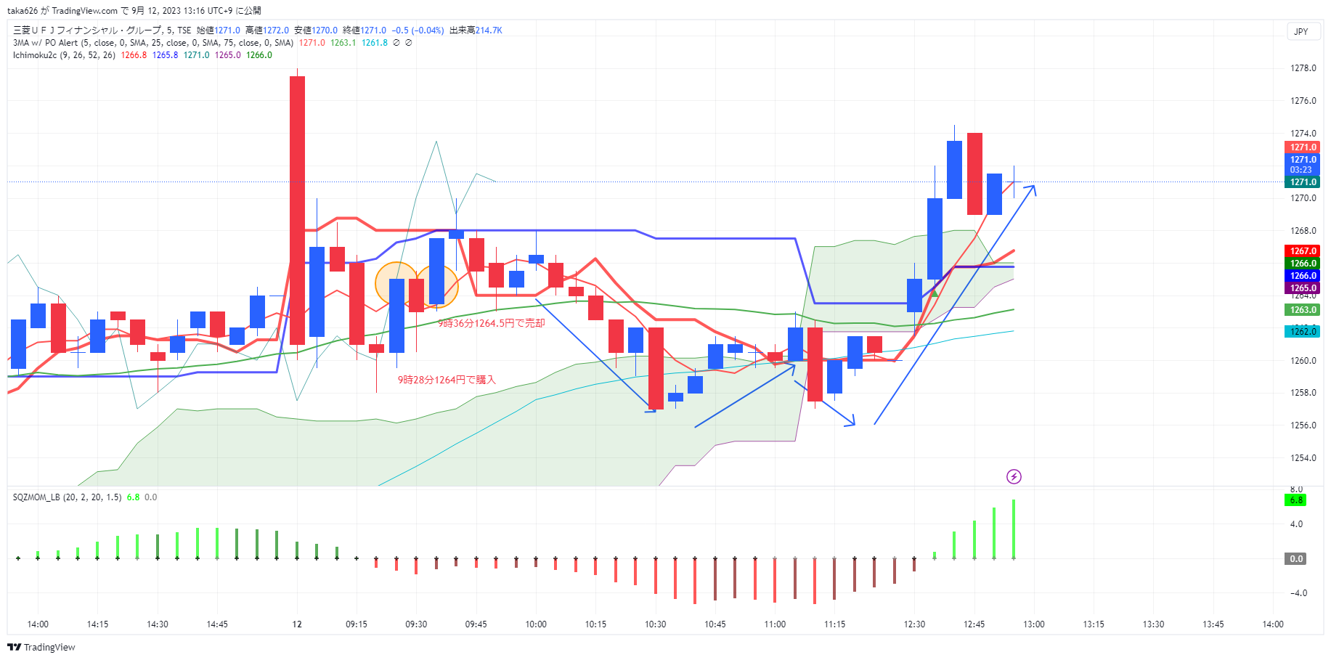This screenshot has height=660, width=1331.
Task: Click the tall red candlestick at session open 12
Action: pos(297,211)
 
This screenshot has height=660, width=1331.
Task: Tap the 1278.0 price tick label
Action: pos(1303,68)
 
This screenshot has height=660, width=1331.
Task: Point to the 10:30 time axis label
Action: pos(655,624)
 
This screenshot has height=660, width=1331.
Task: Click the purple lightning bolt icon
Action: pos(1014,476)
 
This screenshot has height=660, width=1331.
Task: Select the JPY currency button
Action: pos(1301,31)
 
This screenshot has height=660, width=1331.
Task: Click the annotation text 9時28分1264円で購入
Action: pos(446,380)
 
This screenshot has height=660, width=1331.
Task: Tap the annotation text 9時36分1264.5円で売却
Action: pos(491,323)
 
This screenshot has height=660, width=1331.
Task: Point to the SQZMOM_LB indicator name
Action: pos(37,497)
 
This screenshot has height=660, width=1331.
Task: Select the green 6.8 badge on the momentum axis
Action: pos(1296,500)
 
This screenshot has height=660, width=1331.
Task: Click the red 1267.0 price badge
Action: pos(1303,251)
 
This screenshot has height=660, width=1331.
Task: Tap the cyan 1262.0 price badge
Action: pos(1303,332)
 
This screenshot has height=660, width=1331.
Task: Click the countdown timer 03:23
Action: pos(1301,170)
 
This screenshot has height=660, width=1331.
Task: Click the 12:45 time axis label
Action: pos(974,624)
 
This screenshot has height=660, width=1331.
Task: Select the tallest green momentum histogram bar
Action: pos(1014,529)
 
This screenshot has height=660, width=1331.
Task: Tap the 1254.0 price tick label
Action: pos(1303,458)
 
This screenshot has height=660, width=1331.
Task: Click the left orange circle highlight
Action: pos(395,283)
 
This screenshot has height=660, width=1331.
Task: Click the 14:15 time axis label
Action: pos(97,624)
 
